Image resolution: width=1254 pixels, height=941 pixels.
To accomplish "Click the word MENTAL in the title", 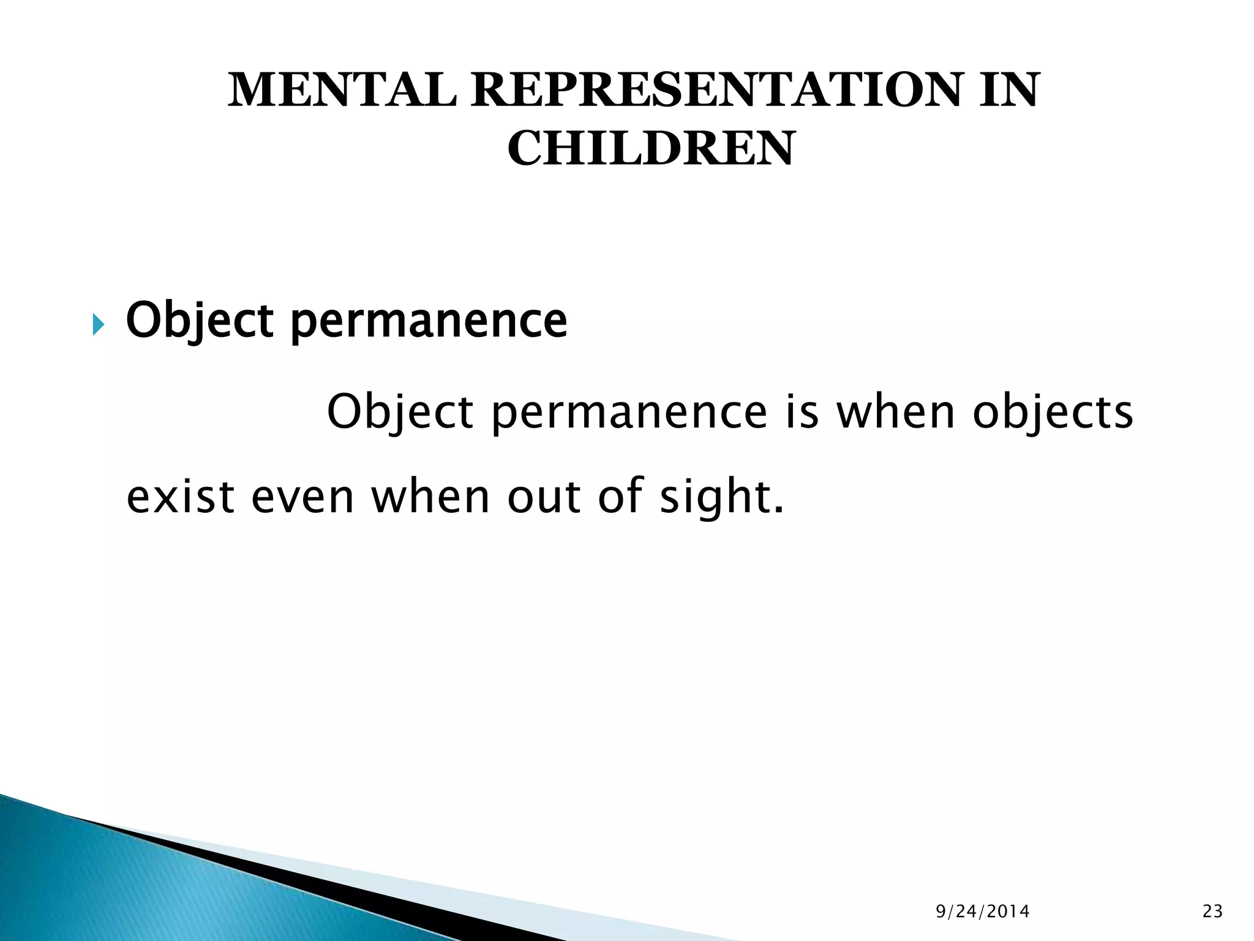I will click(x=342, y=91).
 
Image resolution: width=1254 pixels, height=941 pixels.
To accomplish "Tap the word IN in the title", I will click(x=1008, y=91).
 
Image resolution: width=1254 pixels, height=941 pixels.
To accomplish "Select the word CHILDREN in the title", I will click(x=650, y=149).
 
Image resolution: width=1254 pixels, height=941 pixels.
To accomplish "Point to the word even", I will click(x=302, y=497).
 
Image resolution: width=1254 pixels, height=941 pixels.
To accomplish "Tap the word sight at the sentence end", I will click(x=718, y=497).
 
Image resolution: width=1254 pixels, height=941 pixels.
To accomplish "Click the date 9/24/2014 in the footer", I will click(x=983, y=912).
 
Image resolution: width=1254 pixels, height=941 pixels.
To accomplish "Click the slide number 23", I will click(x=1212, y=912).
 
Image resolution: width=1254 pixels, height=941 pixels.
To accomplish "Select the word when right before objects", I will click(x=895, y=412).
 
